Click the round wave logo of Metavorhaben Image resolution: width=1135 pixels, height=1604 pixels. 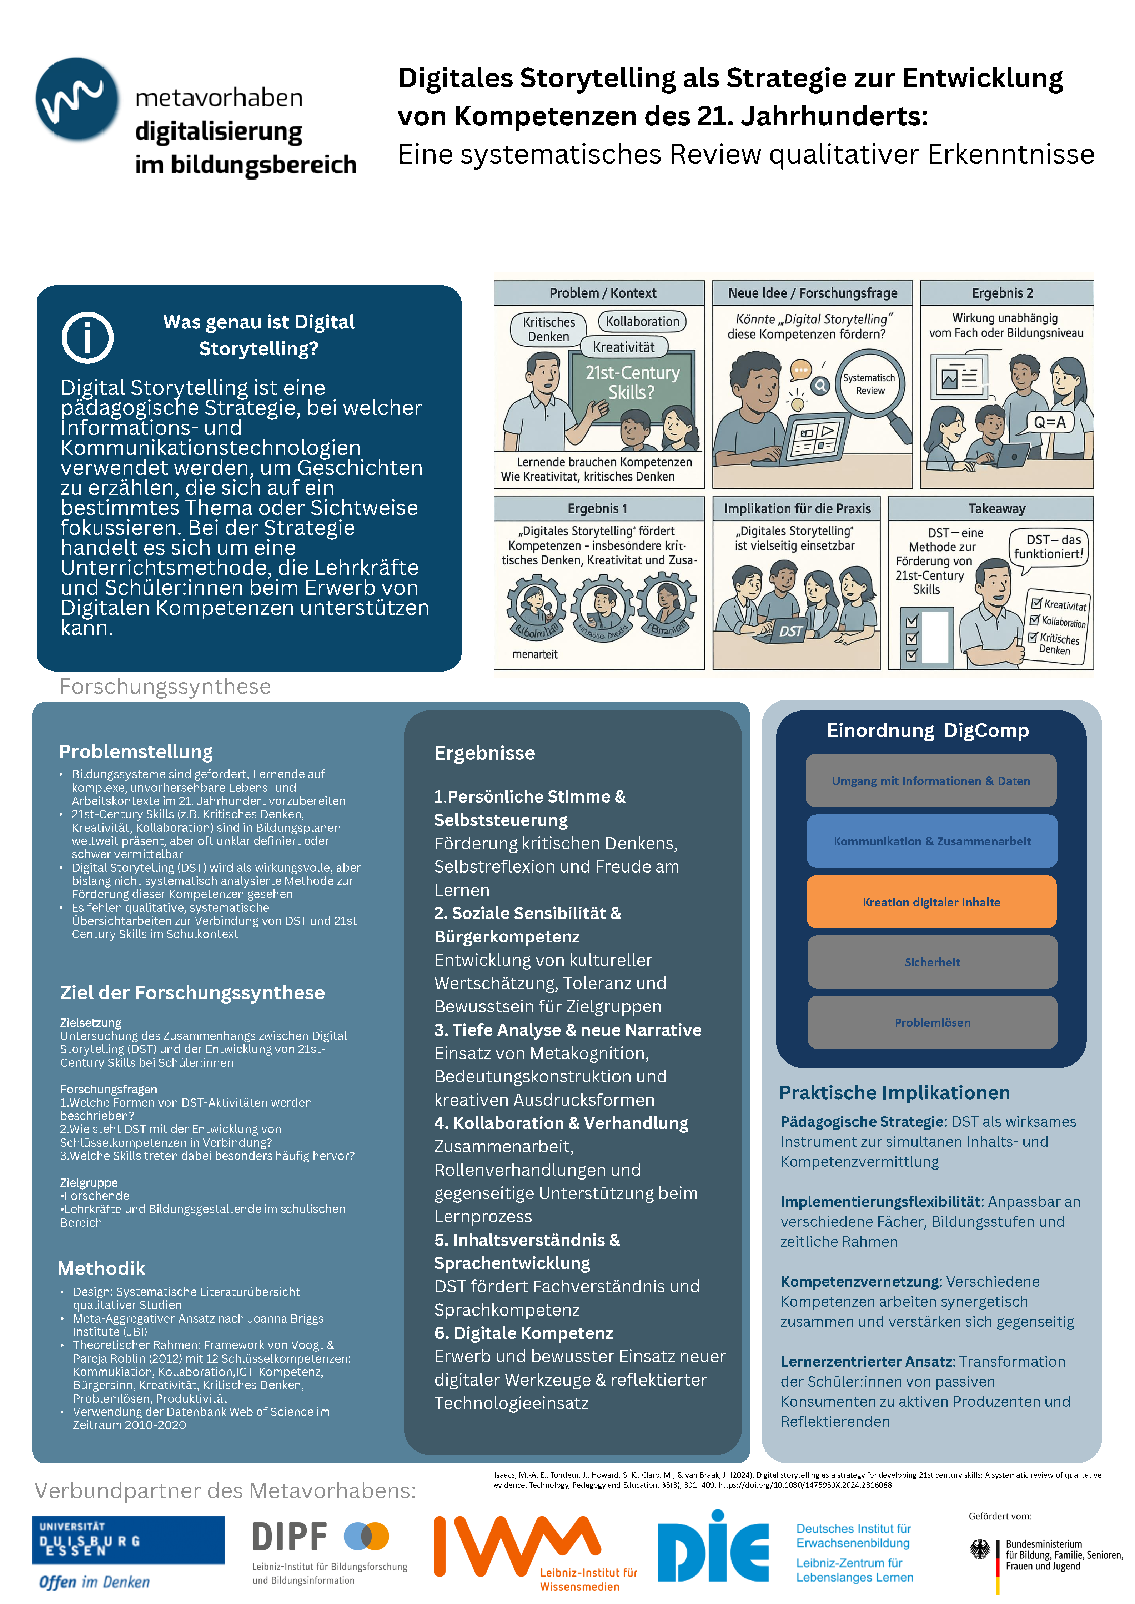tap(77, 99)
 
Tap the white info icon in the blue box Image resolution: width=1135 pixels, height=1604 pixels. tap(87, 338)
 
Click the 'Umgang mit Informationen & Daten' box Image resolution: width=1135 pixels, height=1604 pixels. tap(931, 781)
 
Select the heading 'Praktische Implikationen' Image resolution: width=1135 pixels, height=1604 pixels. tap(895, 1092)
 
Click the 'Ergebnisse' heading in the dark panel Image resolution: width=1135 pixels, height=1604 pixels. tap(484, 753)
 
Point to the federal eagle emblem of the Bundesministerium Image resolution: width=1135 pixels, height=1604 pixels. tap(980, 1549)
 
